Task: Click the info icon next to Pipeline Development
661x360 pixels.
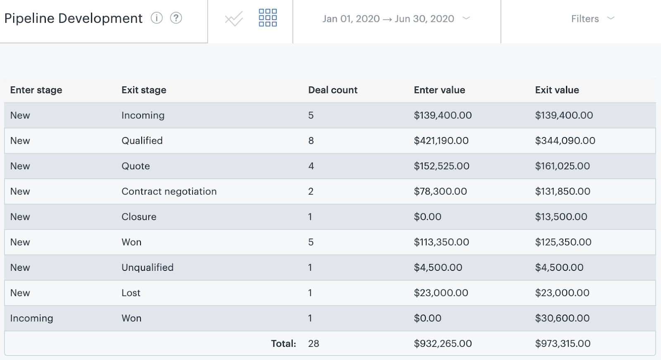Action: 157,18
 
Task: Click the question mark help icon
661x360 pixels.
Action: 176,18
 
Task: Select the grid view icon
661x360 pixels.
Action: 268,18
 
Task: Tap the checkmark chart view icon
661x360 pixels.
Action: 234,19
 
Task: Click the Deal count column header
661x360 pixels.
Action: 333,90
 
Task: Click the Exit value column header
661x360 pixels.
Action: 557,90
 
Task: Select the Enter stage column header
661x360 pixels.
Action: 36,90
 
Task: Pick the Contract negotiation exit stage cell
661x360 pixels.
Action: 169,192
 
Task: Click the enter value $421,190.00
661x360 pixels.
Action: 441,141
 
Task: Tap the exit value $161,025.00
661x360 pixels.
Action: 562,166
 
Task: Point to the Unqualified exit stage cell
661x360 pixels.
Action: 147,268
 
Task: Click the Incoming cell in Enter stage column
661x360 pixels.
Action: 32,318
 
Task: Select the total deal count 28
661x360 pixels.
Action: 314,343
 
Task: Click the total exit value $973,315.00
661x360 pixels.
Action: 563,343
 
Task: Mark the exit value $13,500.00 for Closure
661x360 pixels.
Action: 561,217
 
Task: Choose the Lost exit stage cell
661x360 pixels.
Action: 131,293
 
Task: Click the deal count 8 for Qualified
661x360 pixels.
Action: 311,141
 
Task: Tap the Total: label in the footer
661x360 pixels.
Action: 283,343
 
